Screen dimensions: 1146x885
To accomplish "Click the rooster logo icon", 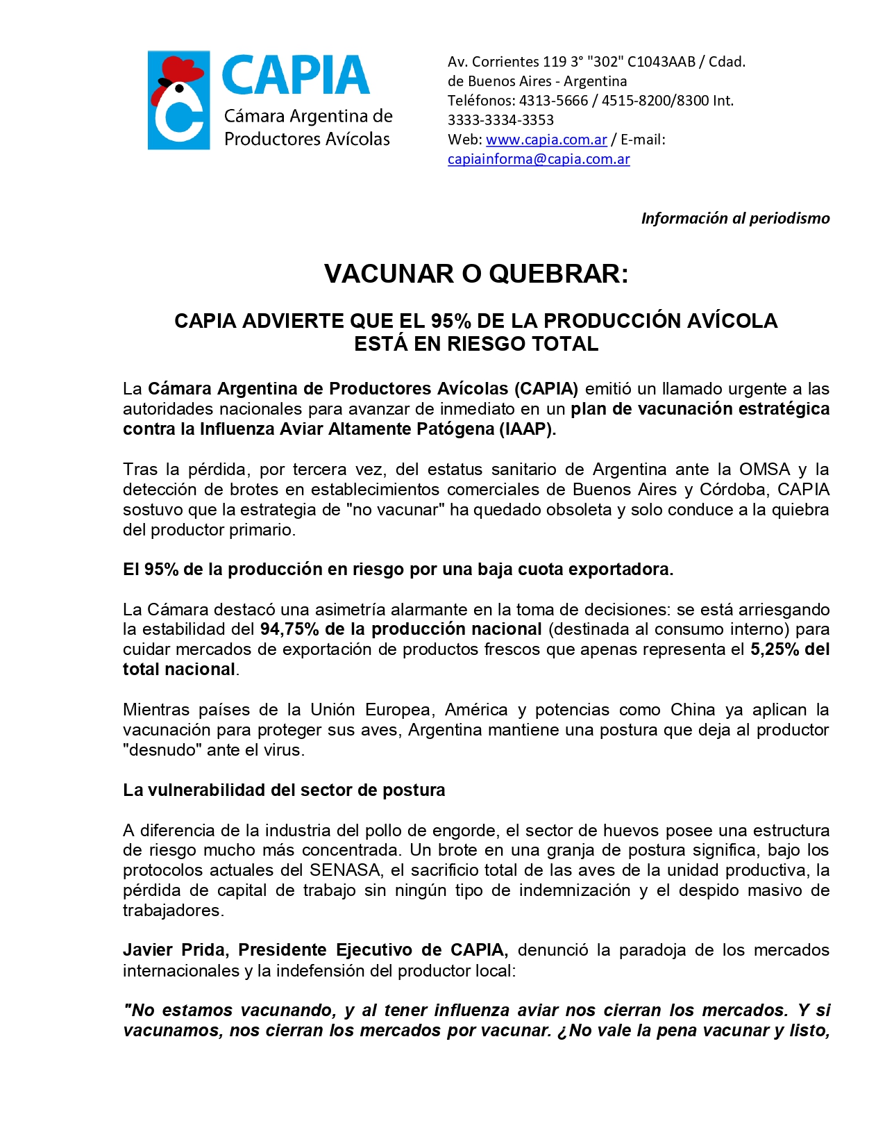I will coord(178,100).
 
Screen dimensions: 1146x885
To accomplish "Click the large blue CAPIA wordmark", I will coord(295,76).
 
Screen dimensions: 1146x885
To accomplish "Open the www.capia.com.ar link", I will coord(546,140).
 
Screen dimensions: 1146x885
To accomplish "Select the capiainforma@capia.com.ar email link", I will coord(539,159).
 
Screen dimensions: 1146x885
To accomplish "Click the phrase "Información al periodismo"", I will coord(735,218).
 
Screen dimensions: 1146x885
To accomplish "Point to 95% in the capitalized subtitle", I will coord(451,321).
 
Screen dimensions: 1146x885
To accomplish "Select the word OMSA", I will coord(764,470).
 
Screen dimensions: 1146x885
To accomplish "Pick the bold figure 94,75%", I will coord(289,629).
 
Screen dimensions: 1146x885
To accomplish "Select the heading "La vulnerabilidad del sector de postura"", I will coord(284,790).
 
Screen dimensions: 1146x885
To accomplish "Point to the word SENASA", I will coord(346,870).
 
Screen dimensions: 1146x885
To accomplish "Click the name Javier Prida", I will coord(176,950).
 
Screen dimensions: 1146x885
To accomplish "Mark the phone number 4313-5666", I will coord(553,101).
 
